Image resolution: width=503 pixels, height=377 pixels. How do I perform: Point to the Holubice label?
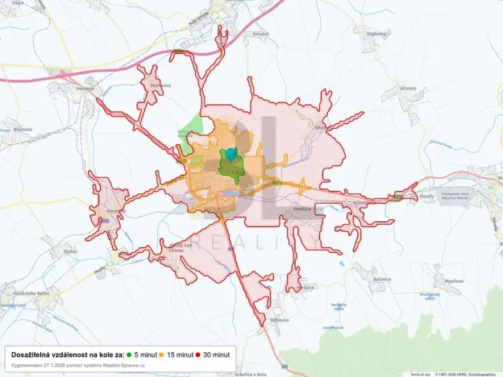85,89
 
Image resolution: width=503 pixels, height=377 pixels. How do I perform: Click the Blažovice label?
22,129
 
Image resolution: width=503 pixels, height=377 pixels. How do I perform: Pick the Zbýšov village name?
70,251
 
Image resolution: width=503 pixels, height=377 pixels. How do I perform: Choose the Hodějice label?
301,209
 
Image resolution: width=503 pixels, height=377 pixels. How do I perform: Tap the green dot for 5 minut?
130,354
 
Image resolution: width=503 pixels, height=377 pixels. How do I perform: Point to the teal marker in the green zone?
232,154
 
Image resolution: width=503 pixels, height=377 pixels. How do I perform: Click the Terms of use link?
421,375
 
